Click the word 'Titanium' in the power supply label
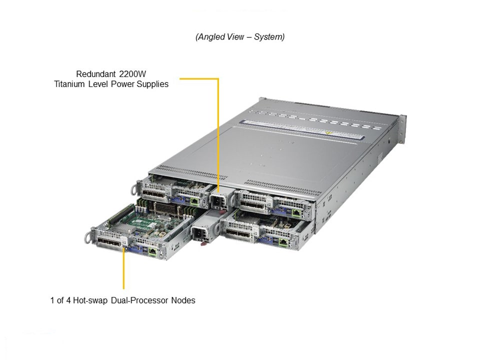click(x=70, y=84)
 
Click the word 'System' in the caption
click(x=268, y=37)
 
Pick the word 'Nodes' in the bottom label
click(x=183, y=300)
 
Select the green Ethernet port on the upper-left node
click(x=194, y=201)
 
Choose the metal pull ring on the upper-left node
click(x=134, y=188)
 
